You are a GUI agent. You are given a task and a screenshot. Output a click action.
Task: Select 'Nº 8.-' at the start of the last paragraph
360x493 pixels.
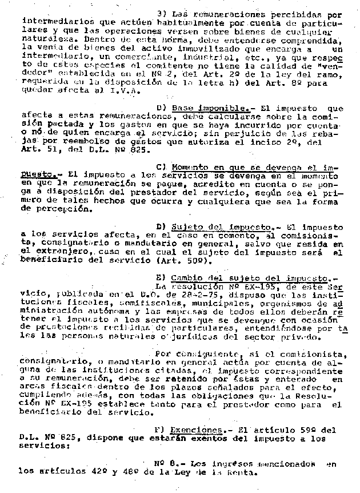point(169,463)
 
